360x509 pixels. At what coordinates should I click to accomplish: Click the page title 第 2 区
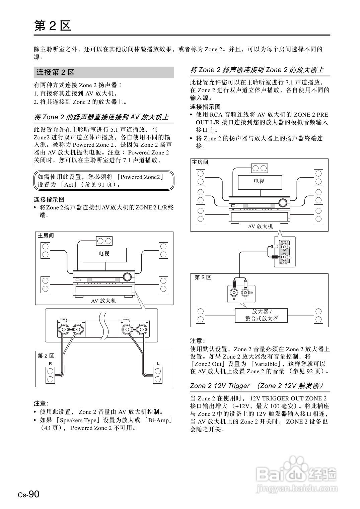[x=53, y=26]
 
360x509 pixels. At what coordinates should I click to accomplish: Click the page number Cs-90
[x=29, y=494]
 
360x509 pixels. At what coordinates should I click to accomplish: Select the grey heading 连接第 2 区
[x=56, y=72]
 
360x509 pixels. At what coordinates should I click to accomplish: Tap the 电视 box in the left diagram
[x=104, y=255]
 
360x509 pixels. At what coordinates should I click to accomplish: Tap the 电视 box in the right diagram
[x=260, y=182]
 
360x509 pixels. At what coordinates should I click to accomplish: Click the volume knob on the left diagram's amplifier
[x=127, y=277]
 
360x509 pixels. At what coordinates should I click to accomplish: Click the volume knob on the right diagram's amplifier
[x=283, y=203]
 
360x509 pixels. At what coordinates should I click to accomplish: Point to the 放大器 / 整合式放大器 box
[x=262, y=315]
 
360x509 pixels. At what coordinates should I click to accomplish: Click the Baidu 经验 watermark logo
[x=297, y=474]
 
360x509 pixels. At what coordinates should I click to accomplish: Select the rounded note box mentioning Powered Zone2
[x=104, y=181]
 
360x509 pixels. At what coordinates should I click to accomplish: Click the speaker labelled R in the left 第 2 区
[x=51, y=375]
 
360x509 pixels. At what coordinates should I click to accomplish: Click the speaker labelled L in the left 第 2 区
[x=158, y=375]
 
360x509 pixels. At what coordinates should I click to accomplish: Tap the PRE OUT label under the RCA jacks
[x=284, y=264]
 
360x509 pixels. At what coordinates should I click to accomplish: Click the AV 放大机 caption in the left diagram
[x=103, y=301]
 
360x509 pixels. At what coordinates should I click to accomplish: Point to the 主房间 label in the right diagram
[x=200, y=162]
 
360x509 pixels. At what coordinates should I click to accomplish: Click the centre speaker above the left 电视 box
[x=104, y=241]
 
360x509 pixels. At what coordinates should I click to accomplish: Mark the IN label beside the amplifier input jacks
[x=252, y=293]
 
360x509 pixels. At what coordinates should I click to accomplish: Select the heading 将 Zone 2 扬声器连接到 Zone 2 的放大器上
[x=257, y=70]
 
